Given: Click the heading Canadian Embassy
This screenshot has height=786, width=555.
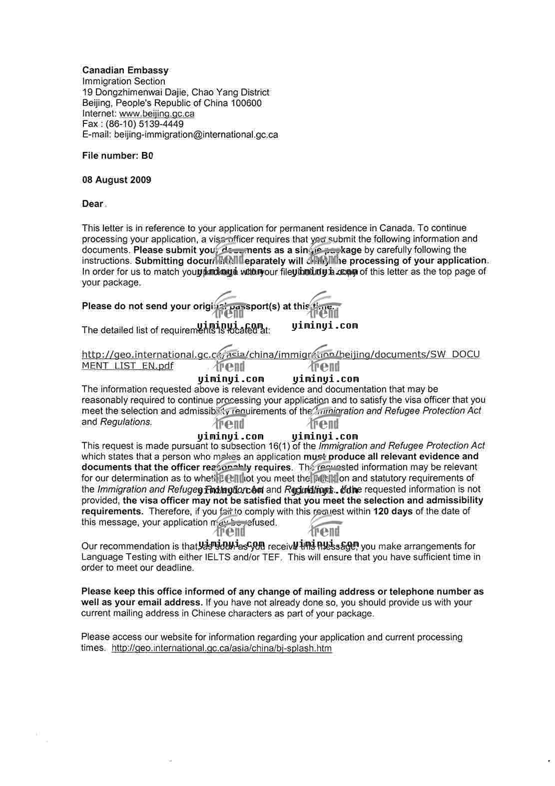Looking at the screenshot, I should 125,70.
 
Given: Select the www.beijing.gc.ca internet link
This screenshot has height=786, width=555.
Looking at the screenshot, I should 157,113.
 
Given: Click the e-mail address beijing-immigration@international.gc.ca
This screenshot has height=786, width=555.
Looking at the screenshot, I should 196,134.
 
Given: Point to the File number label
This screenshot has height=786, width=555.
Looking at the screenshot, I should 110,156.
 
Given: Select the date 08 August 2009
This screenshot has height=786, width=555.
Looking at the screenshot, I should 116,180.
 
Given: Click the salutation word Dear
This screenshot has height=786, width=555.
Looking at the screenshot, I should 92,204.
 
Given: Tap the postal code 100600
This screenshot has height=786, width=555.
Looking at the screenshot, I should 246,103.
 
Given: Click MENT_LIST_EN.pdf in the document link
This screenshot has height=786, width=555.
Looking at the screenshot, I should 127,366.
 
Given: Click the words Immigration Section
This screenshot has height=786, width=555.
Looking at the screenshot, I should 123,81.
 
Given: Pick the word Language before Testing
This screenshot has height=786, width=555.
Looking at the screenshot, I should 99,557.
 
